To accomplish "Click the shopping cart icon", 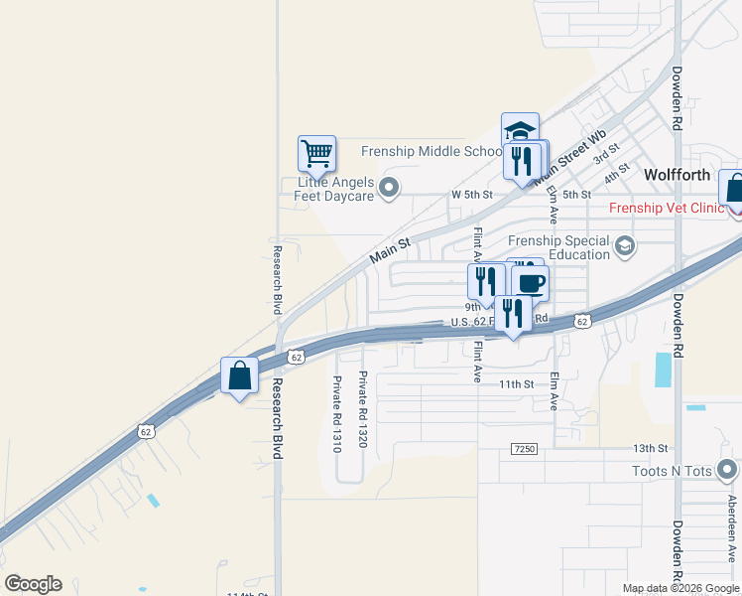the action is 316,154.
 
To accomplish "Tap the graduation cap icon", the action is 520,130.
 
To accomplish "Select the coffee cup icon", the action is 530,282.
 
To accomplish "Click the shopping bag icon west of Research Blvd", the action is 239,375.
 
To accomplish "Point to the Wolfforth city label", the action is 678,174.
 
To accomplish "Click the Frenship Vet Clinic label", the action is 667,208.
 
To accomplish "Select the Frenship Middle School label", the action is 432,151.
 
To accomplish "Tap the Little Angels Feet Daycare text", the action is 337,189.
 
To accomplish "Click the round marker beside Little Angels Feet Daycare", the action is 389,187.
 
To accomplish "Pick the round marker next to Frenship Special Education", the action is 625,245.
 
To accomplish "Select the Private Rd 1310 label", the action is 337,413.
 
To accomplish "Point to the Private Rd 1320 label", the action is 363,408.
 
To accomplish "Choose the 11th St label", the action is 517,383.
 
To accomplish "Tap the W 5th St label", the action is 471,194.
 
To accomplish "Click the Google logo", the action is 33,584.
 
